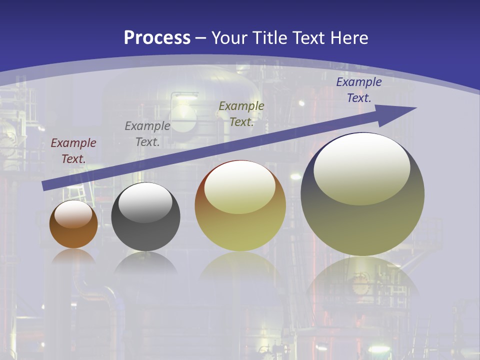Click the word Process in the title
[157, 37]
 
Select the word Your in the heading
[229, 37]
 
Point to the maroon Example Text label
[73, 151]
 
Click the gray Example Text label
[147, 134]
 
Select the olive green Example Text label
[241, 114]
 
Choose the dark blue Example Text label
[359, 90]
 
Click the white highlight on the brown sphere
[73, 214]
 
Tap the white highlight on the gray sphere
[145, 202]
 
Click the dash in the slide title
[201, 38]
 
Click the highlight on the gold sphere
[240, 187]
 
